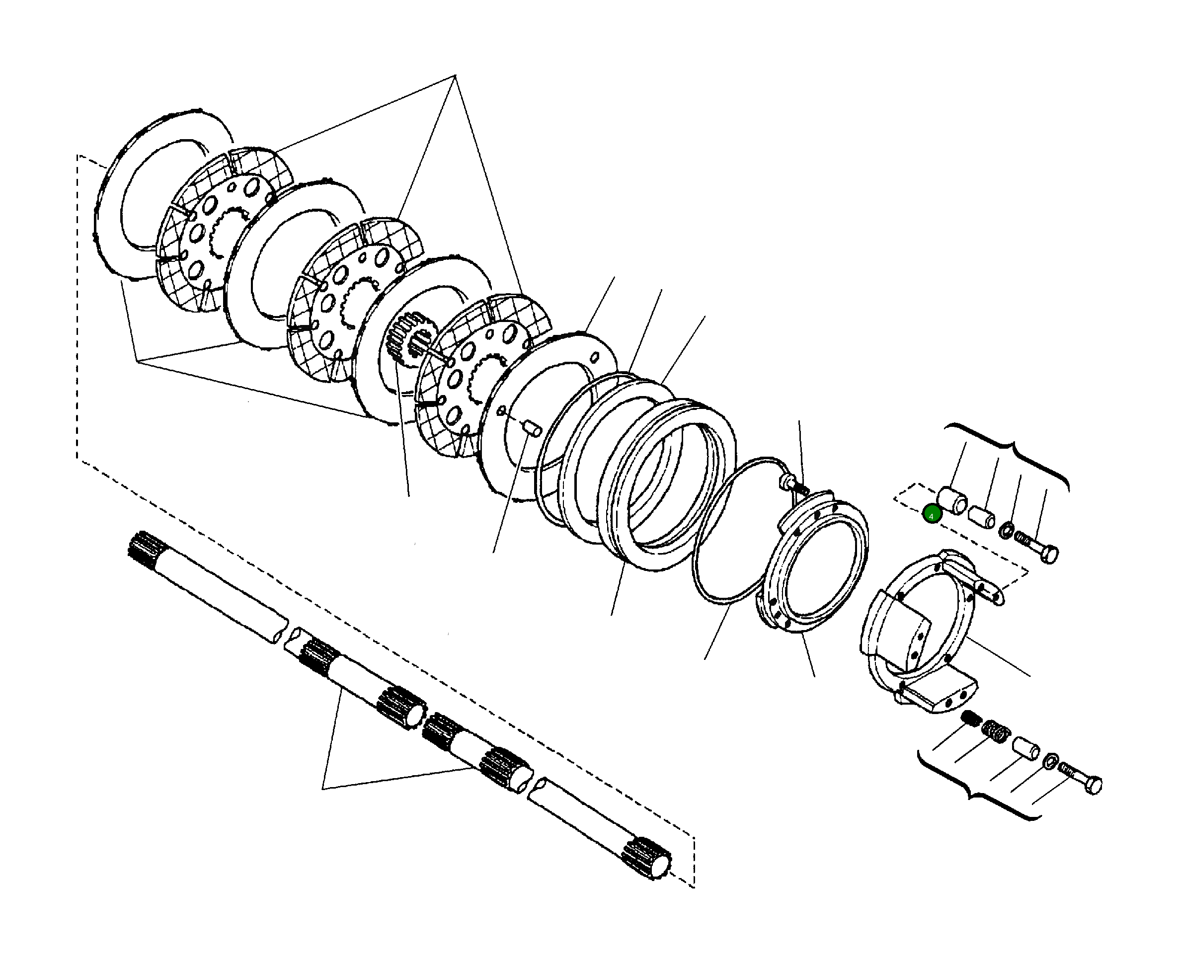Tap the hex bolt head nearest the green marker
pyautogui.click(x=1049, y=554)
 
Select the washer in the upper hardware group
pyautogui.click(x=1007, y=530)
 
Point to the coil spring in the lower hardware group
pyautogui.click(x=996, y=732)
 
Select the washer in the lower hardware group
pyautogui.click(x=1050, y=761)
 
